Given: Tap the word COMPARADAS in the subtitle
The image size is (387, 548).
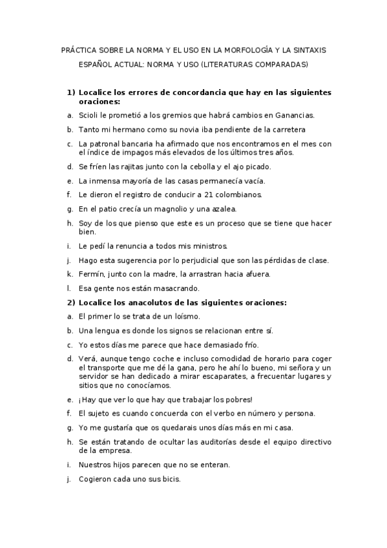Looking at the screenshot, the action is pos(283,65).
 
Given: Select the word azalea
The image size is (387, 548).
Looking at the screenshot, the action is pos(224,209).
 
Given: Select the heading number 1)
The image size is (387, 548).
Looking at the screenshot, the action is pos(72,92).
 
